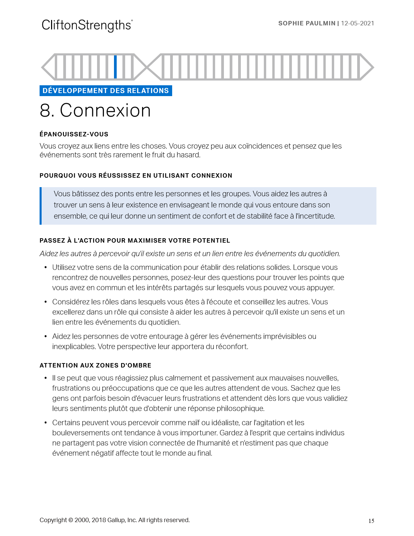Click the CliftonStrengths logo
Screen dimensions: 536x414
pyautogui.click(x=87, y=25)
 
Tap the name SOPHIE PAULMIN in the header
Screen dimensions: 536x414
pyautogui.click(x=306, y=23)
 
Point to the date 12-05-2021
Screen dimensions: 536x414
pyautogui.click(x=358, y=23)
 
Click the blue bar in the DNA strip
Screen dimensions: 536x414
pyautogui.click(x=115, y=67)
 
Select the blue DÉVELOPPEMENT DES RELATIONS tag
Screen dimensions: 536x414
pyautogui.click(x=106, y=91)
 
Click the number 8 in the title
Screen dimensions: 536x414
pyautogui.click(x=45, y=111)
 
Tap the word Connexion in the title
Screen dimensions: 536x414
pyautogui.click(x=105, y=111)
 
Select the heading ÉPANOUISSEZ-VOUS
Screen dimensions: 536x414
pyautogui.click(x=74, y=134)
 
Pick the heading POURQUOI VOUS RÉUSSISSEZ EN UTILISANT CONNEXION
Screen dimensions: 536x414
pyautogui.click(x=136, y=176)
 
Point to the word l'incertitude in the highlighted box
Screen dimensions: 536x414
pyautogui.click(x=315, y=216)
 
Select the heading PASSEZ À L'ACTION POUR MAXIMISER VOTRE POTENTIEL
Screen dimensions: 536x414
pyautogui.click(x=135, y=241)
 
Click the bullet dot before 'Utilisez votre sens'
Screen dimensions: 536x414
pyautogui.click(x=46, y=268)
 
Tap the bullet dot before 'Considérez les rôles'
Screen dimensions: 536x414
pyautogui.click(x=46, y=302)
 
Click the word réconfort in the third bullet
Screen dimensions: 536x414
pyautogui.click(x=232, y=347)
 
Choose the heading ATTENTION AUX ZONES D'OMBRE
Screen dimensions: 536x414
pyautogui.click(x=95, y=365)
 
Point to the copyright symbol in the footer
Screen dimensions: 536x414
pyautogui.click(x=71, y=520)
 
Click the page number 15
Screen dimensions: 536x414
pyautogui.click(x=371, y=521)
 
